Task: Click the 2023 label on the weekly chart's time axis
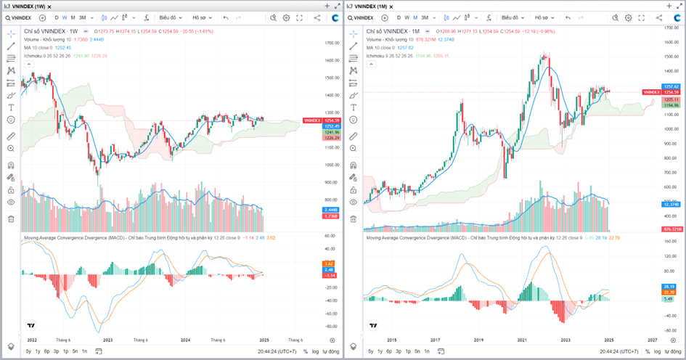108,339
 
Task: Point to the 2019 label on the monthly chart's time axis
478,339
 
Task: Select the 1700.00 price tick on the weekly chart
332,44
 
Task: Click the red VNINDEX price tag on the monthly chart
651,92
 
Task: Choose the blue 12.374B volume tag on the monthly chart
672,205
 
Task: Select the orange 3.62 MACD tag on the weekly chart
329,263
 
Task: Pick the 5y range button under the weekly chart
28,351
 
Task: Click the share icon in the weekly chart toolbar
317,17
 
